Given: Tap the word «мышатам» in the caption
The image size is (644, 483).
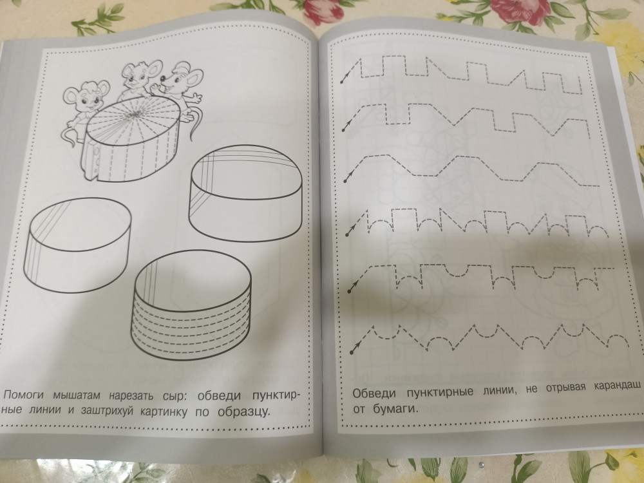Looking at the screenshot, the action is [x=77, y=397].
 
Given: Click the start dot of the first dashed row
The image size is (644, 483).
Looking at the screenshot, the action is [x=341, y=82].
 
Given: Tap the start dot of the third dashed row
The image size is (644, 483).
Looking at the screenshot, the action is [x=345, y=181].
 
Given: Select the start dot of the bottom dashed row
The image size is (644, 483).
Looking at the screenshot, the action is [x=352, y=352].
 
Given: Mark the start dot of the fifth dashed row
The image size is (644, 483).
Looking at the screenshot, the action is [x=349, y=291].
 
